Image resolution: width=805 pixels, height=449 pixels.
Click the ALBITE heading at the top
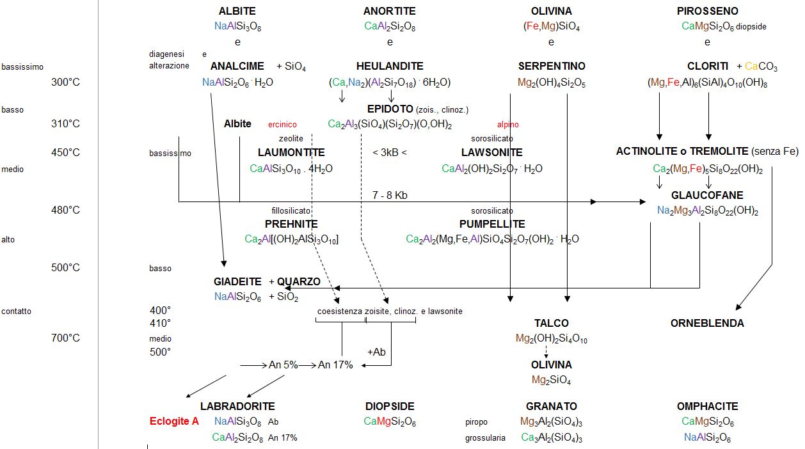[x=237, y=11]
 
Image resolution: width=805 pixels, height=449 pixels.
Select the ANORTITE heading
[x=390, y=11]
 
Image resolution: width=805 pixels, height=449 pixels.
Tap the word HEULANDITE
[x=390, y=66]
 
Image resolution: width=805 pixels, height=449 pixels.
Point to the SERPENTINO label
[x=552, y=66]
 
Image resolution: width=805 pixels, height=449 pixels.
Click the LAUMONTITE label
[x=291, y=152]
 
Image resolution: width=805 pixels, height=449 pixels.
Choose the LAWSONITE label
[x=492, y=152]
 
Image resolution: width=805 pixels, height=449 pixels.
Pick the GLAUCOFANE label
[x=707, y=195]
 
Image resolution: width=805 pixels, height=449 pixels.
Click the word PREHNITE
[x=291, y=224]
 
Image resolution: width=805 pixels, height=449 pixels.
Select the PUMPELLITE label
[x=492, y=224]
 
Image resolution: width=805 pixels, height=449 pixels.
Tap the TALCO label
[x=552, y=323]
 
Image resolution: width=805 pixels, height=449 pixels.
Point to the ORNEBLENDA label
[x=707, y=323]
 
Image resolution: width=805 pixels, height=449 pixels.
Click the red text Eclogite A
[x=174, y=421]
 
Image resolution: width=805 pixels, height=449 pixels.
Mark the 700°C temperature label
[x=65, y=338]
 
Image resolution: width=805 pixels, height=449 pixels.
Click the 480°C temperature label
[x=65, y=210]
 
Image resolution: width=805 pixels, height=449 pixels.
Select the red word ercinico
[x=282, y=125]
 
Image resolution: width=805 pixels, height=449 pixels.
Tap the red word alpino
[x=508, y=125]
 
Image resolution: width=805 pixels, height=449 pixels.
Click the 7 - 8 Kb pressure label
[x=390, y=195]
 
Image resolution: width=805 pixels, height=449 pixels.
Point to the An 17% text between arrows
[x=335, y=365]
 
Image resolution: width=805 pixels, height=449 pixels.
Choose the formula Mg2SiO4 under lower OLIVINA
[x=552, y=380]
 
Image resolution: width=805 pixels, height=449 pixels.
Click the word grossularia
[x=485, y=438]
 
